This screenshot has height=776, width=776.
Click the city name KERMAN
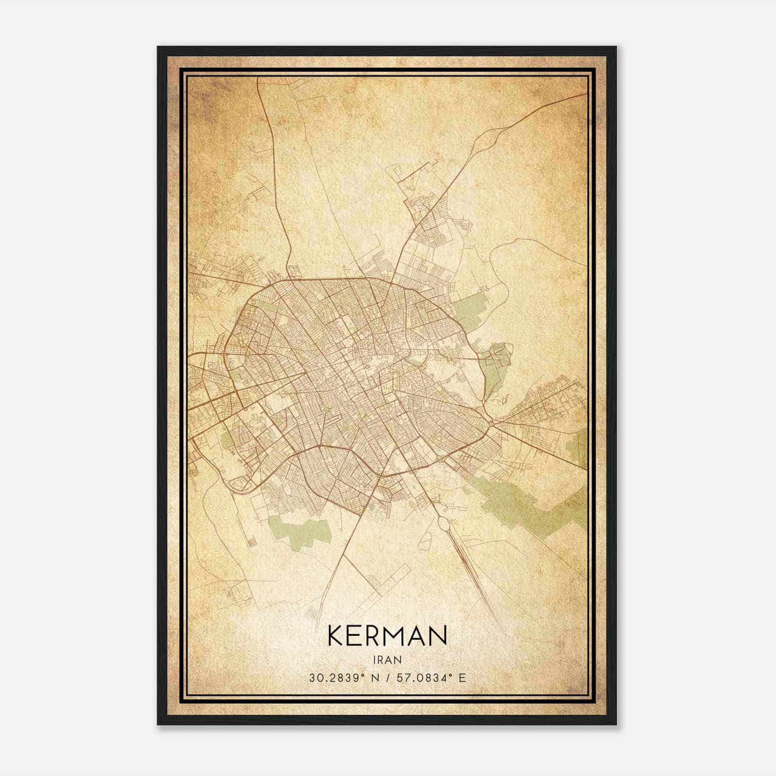point(387,636)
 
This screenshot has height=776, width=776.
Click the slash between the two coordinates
point(388,678)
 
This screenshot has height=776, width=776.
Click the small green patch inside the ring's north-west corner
point(264,307)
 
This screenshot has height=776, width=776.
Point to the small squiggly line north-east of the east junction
point(502,401)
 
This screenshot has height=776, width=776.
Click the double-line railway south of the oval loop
point(473,572)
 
